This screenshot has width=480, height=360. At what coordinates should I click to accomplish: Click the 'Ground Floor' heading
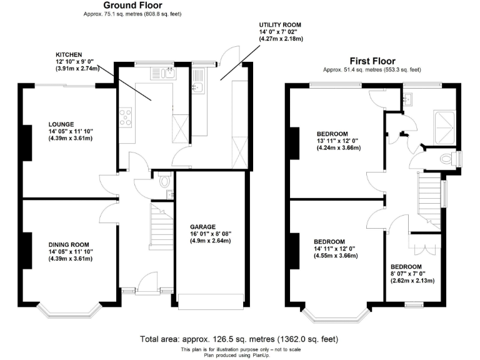[x=133, y=6]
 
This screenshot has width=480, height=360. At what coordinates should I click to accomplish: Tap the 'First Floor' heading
[x=372, y=61]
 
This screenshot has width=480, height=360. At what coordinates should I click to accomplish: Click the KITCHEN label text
[x=69, y=54]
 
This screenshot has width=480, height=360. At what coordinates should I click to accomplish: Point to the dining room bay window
[x=68, y=311]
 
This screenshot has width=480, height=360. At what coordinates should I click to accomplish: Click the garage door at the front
[x=209, y=301]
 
